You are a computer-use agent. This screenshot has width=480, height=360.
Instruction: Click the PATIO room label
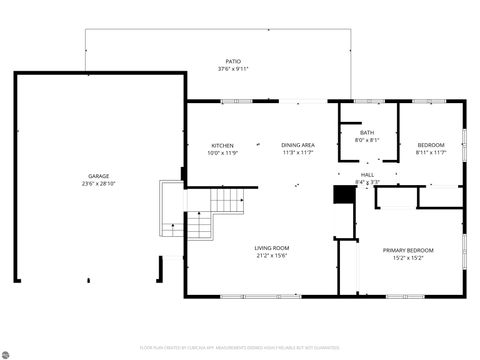[x=233, y=61]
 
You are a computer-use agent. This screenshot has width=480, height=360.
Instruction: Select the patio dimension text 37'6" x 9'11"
[x=233, y=69]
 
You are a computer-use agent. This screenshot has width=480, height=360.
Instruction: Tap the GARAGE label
[x=98, y=175]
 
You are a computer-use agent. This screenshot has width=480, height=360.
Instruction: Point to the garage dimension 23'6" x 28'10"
[x=98, y=183]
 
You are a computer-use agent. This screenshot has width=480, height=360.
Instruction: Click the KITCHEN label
[x=221, y=145]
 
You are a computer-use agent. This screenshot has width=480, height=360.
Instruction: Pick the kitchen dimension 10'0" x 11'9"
[x=221, y=153]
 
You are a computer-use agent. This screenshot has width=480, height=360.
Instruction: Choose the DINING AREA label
[x=298, y=145]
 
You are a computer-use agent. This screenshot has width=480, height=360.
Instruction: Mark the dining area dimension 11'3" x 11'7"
[x=298, y=153]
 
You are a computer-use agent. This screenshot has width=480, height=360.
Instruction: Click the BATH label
[x=366, y=132]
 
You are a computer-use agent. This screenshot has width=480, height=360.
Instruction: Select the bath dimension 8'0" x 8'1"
[x=366, y=140]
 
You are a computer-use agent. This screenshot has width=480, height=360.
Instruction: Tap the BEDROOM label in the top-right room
[x=431, y=145]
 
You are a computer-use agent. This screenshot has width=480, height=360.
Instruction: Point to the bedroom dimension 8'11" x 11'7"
[x=431, y=153]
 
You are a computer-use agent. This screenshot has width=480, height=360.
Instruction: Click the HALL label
[x=367, y=173]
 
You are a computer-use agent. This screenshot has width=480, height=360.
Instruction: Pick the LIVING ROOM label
[x=271, y=248]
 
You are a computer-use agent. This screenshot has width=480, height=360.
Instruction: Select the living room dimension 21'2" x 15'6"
[x=271, y=256]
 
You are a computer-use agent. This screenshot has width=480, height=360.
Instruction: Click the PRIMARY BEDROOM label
[x=408, y=250]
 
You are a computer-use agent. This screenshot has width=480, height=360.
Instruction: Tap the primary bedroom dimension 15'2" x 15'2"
[x=408, y=258]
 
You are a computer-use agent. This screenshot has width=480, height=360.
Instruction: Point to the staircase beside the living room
[x=228, y=204]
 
